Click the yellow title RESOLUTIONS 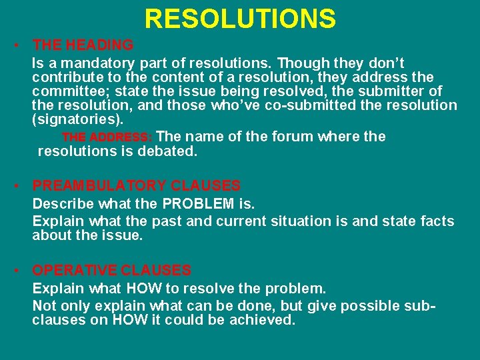[x=240, y=19]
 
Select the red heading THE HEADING [x=83, y=45]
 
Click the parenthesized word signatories [x=77, y=120]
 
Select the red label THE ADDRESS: [x=107, y=137]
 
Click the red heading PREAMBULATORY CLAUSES [x=136, y=186]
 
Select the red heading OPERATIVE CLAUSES [x=111, y=271]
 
